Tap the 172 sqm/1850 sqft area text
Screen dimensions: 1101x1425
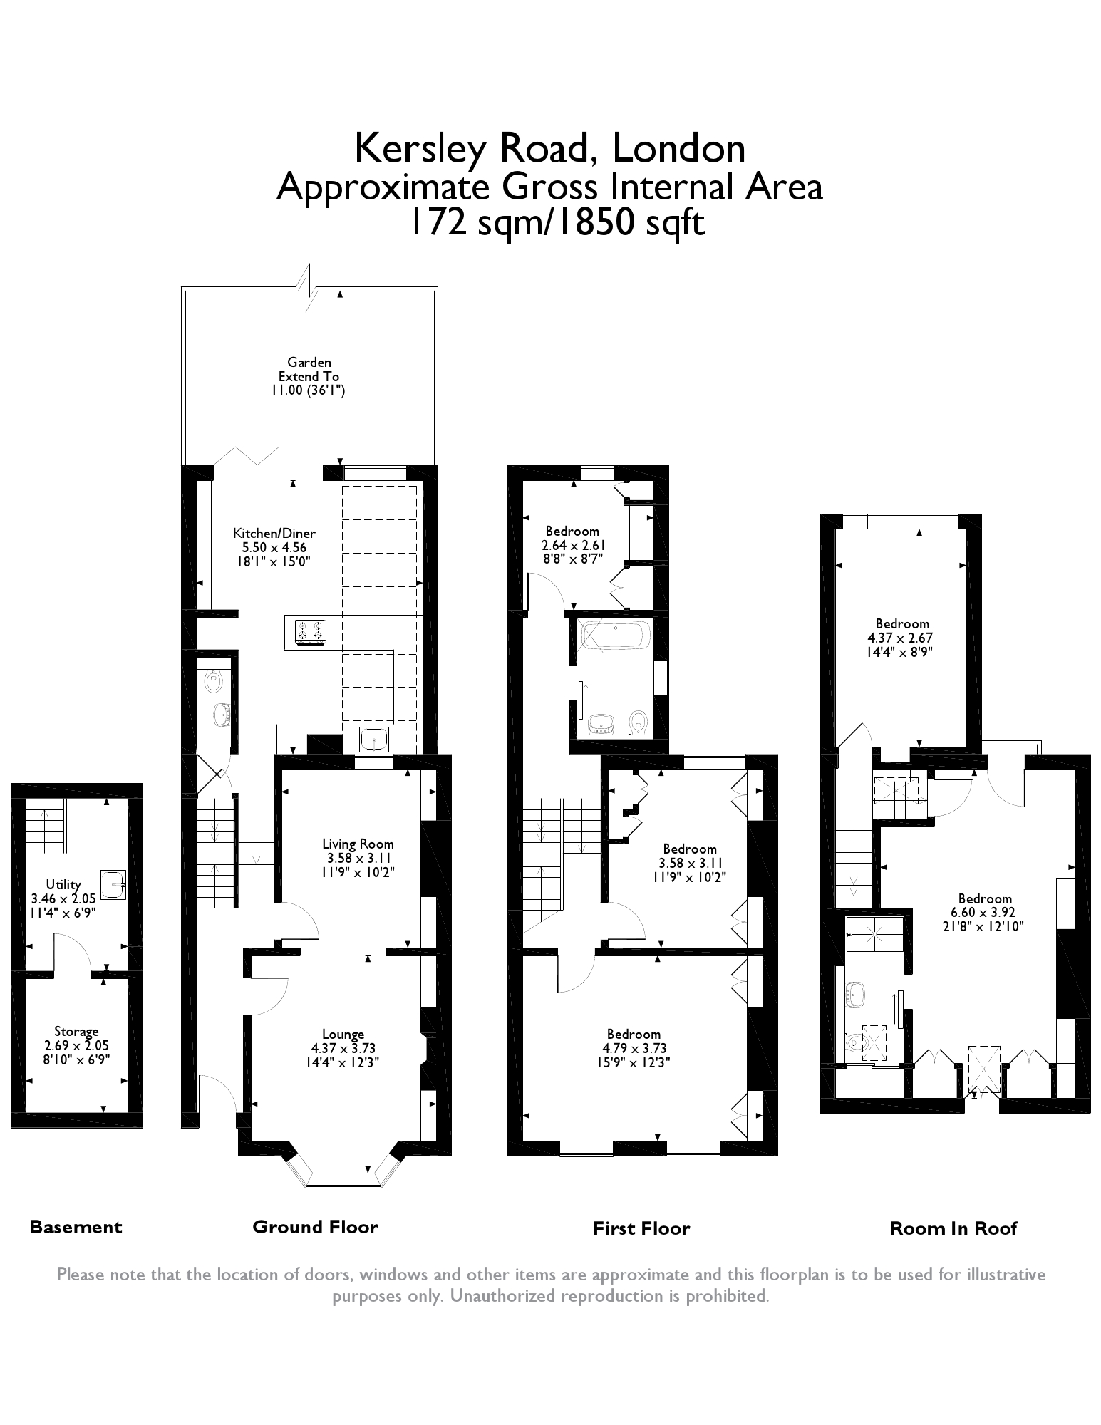pos(555,222)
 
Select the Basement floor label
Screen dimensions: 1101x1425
pos(76,1227)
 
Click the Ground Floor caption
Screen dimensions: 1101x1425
pos(315,1226)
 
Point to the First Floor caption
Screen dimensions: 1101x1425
pos(641,1228)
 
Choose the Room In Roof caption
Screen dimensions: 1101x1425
pos(953,1228)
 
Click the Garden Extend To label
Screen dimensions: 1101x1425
pos(309,369)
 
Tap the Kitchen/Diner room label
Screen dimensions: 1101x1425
pos(274,533)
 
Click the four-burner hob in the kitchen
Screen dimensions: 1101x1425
pos(310,631)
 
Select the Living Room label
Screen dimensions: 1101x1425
pos(358,844)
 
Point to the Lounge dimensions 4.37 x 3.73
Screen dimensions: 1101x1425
pos(343,1048)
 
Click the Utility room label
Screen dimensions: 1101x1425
pos(63,884)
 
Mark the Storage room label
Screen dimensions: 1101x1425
pos(76,1031)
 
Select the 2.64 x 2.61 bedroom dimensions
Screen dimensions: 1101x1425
pos(573,545)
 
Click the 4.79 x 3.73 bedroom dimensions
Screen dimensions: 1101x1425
pos(634,1048)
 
